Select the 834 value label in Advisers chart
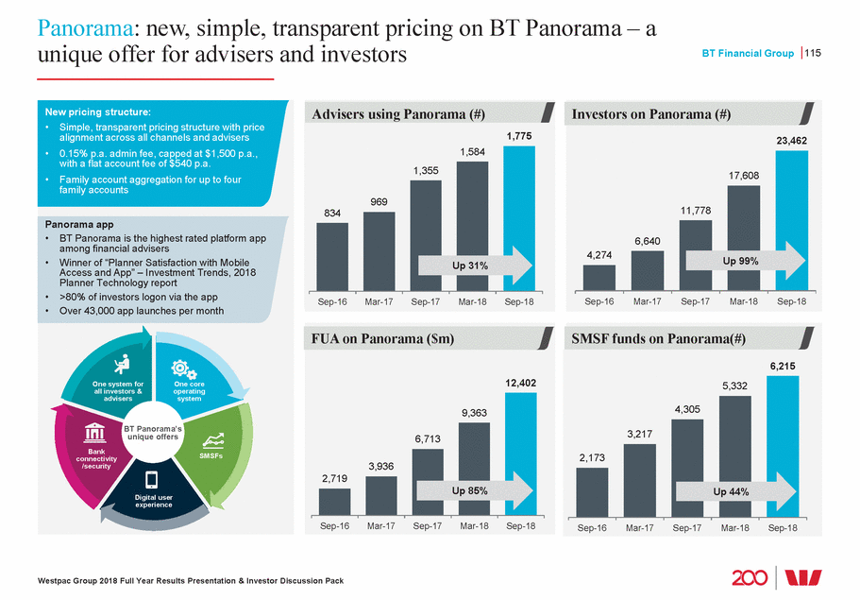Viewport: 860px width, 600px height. coord(332,214)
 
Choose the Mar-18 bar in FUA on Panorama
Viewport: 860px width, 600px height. coord(474,468)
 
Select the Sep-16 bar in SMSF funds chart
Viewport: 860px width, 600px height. coord(592,492)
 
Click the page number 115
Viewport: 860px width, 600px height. coord(813,54)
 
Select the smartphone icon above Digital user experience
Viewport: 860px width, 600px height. coord(153,478)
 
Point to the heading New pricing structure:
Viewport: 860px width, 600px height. coord(92,111)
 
